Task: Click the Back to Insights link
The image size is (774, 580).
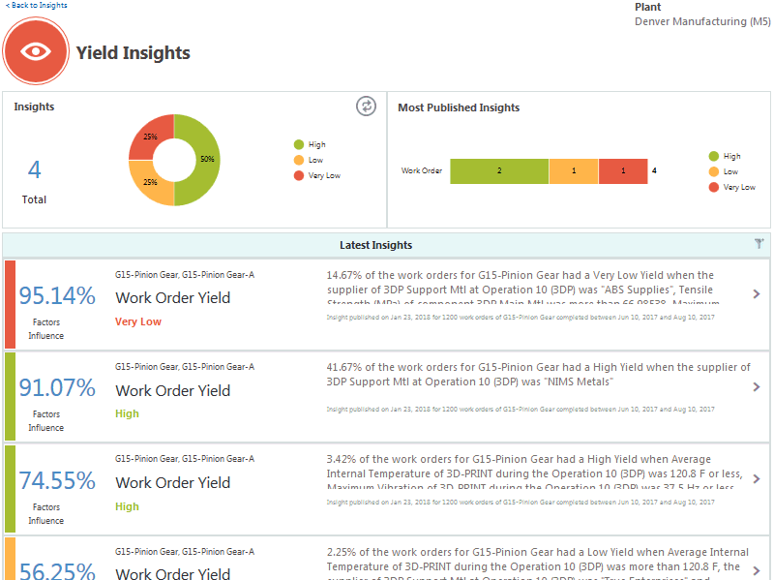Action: (36, 6)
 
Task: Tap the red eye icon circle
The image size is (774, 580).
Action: (37, 51)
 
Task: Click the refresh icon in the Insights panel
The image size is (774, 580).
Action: (366, 107)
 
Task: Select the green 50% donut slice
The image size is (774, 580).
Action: (199, 160)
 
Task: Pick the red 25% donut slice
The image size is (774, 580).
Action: (150, 137)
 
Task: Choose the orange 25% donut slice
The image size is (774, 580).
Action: (150, 183)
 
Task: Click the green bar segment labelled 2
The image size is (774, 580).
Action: (499, 171)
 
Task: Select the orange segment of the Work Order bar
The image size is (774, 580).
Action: (574, 171)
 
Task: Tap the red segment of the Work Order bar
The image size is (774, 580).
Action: (623, 171)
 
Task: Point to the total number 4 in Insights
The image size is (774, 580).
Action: (35, 170)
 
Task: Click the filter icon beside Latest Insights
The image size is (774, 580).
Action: (759, 245)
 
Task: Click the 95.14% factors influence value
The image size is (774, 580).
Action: (57, 295)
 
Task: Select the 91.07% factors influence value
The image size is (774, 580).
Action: (57, 388)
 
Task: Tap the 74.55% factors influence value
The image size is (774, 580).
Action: (57, 480)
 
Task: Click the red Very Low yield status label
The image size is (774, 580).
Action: (138, 321)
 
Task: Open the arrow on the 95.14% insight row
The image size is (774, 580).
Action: (757, 294)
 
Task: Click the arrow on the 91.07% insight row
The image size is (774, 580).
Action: (757, 387)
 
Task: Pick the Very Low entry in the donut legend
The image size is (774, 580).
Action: (324, 175)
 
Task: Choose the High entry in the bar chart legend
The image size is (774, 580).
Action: (731, 156)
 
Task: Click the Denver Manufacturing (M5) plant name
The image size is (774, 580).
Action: (702, 21)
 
